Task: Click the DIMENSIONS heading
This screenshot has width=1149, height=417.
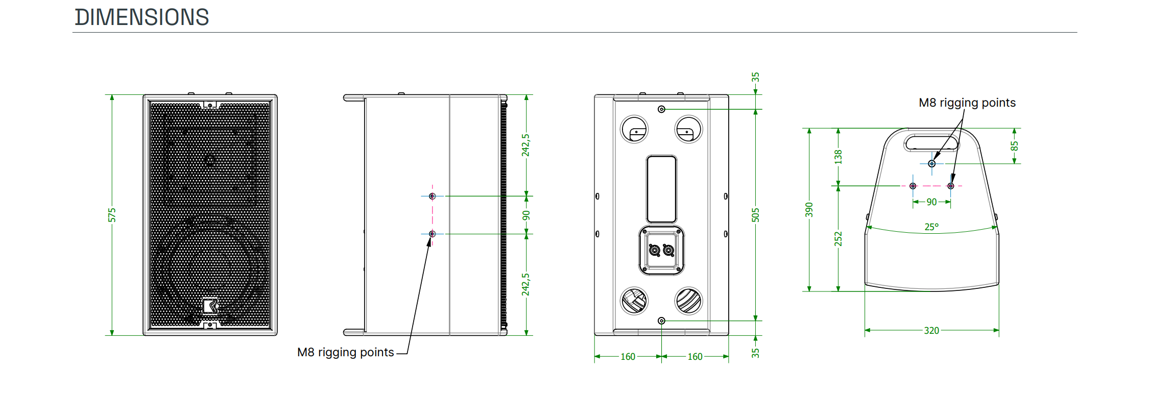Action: pos(142,17)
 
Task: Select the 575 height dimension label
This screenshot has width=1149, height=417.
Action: pos(112,215)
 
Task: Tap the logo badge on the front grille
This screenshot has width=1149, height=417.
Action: pos(210,306)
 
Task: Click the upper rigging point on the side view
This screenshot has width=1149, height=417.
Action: pos(432,196)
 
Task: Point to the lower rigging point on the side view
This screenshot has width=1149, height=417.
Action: pos(432,234)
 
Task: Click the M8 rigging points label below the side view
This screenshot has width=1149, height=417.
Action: pos(345,352)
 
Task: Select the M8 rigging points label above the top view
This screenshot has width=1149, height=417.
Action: pos(967,103)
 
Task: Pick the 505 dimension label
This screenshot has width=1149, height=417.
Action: pos(755,215)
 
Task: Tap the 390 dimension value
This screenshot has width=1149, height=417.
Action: pos(809,209)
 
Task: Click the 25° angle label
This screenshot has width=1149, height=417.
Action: pos(931,227)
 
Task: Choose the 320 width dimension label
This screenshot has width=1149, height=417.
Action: pos(931,330)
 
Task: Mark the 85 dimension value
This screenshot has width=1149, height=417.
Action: pos(1014,146)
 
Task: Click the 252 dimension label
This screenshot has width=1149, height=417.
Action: pos(838,238)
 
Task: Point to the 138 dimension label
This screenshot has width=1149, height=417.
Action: pos(838,157)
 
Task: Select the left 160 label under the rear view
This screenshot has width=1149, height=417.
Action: pos(628,357)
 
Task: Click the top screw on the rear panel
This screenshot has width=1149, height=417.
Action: pos(661,109)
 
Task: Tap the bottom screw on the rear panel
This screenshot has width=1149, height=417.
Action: pos(661,321)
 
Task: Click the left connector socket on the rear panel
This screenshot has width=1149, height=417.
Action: pos(654,250)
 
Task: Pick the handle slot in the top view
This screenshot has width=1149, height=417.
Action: pos(931,142)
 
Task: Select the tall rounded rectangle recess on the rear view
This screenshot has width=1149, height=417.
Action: pos(661,189)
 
